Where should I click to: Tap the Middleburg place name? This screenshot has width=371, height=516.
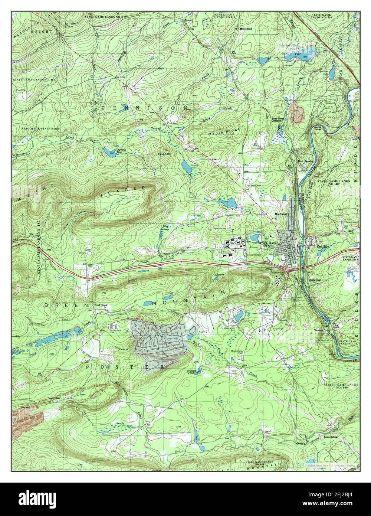click(x=282, y=214)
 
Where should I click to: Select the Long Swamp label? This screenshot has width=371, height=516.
click(x=165, y=228)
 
